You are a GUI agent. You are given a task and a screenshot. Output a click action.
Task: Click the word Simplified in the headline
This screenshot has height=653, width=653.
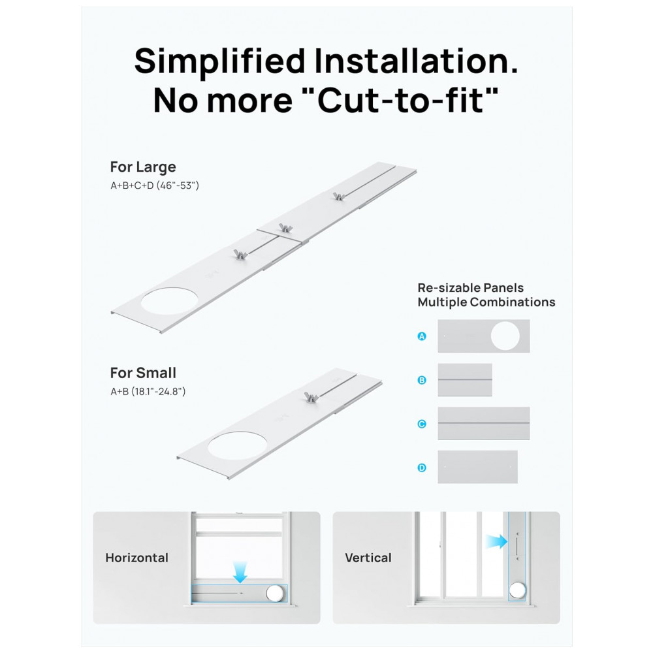click(220, 61)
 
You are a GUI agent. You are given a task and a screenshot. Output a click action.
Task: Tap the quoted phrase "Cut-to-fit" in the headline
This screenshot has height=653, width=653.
click(408, 101)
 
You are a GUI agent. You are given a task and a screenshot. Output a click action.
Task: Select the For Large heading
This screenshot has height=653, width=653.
click(143, 167)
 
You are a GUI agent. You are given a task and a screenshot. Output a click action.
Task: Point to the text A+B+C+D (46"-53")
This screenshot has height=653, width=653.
click(155, 185)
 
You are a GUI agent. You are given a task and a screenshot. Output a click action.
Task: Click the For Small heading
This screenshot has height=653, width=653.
click(143, 373)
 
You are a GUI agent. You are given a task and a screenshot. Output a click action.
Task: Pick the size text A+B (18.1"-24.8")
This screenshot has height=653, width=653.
click(148, 391)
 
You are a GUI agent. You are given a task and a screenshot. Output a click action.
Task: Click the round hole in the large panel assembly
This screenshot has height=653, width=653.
click(169, 301)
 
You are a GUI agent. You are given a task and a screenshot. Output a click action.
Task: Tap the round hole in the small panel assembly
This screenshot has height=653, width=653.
click(238, 445)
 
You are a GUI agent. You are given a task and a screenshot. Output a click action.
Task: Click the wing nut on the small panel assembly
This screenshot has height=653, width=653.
click(311, 397)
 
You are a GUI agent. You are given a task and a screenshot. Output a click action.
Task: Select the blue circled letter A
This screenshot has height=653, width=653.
click(422, 336)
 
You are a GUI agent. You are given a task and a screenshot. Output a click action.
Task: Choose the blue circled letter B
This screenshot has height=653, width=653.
click(422, 380)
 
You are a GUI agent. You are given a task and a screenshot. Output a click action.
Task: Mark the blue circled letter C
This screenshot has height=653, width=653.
click(422, 424)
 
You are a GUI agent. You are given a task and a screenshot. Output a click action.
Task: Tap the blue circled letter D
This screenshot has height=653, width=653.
click(422, 468)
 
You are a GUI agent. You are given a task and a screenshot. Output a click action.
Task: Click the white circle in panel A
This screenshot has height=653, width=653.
click(505, 336)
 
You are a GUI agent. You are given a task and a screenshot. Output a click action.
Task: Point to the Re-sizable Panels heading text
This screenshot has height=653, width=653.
click(471, 288)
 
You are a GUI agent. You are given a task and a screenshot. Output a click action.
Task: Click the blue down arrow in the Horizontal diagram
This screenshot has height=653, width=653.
click(240, 572)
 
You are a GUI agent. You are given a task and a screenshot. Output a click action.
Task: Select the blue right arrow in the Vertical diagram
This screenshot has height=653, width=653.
click(496, 541)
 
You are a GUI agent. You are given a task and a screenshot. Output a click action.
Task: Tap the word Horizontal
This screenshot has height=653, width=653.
click(136, 558)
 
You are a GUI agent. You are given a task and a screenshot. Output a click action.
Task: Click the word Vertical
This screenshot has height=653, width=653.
click(368, 558)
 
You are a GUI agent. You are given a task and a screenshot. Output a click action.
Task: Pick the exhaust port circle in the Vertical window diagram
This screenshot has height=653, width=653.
click(517, 590)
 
